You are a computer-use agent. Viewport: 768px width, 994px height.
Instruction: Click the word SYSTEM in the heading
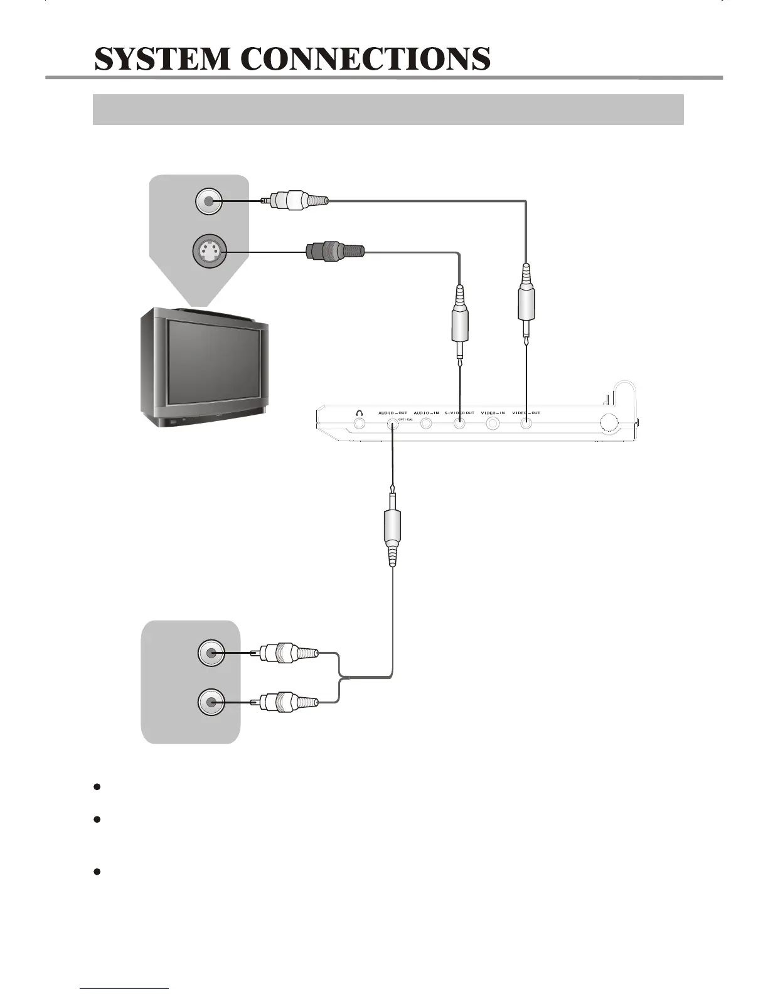click(x=163, y=59)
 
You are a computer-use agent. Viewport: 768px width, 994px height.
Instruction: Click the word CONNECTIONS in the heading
click(x=365, y=59)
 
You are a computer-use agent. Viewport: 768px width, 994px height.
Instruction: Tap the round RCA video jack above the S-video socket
click(x=208, y=201)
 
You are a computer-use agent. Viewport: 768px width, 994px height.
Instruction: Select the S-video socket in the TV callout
click(x=209, y=253)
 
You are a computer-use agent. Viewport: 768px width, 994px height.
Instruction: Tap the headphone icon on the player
click(x=360, y=413)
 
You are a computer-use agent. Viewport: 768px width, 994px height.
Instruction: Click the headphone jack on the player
click(x=360, y=424)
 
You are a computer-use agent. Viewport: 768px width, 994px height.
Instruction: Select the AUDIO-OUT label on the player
click(x=393, y=413)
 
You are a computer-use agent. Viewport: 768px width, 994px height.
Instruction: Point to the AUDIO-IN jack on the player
click(x=426, y=424)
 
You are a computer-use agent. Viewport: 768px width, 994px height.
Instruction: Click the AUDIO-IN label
click(x=426, y=413)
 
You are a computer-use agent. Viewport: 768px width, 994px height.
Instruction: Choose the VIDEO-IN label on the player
click(x=493, y=413)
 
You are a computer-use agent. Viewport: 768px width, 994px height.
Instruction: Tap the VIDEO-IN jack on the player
click(x=493, y=424)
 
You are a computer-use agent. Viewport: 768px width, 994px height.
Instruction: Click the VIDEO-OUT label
click(x=526, y=413)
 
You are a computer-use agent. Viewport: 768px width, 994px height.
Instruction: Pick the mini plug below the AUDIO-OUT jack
click(x=392, y=527)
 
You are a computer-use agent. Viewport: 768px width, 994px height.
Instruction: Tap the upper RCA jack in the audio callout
click(x=210, y=653)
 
